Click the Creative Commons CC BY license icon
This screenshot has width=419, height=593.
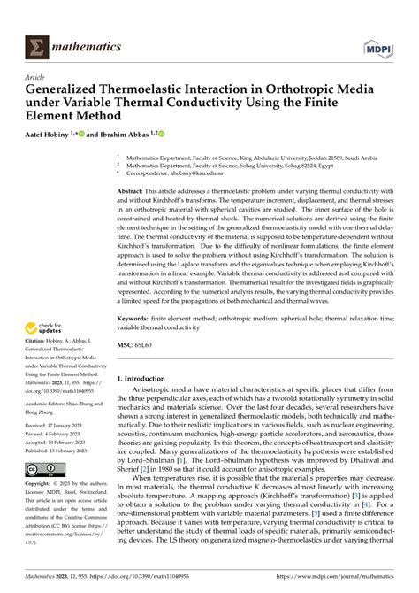pos(44,468)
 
